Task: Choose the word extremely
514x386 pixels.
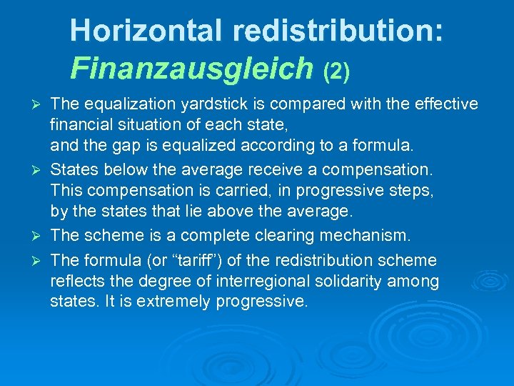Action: coord(167,302)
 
